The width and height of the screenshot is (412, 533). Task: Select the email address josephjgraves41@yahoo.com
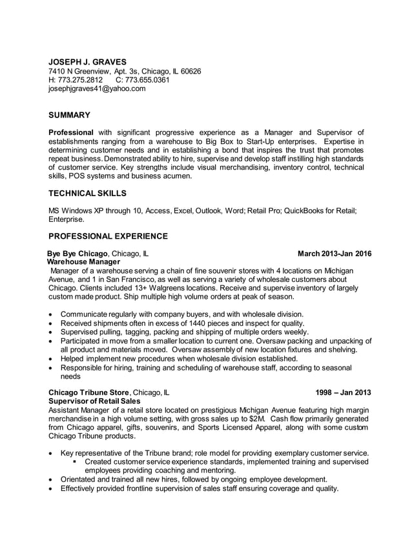tap(98, 89)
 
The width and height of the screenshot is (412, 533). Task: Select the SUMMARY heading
tap(70, 115)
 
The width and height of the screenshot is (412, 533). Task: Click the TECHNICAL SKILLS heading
tap(88, 193)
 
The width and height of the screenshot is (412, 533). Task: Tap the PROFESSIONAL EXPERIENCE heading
tap(108, 236)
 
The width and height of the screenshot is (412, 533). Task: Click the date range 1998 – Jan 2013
tap(343, 392)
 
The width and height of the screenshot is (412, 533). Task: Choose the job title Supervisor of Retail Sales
tap(99, 401)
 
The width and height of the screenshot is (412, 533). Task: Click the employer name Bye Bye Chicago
tap(78, 254)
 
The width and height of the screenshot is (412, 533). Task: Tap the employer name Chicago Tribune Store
tap(90, 392)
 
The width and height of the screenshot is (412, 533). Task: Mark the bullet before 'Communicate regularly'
tap(52, 314)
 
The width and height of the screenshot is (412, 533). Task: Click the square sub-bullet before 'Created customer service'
tap(76, 462)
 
